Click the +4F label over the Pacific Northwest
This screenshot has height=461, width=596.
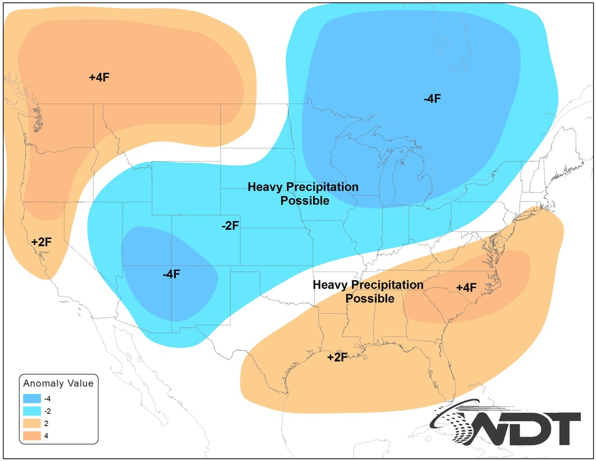(x=100, y=77)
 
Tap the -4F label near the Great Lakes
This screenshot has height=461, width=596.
(x=432, y=98)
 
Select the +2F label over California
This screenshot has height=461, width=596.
(x=41, y=241)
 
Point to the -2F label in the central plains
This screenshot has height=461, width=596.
(x=230, y=226)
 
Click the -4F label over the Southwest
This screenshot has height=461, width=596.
(x=171, y=274)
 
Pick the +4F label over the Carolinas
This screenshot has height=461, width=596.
(x=466, y=287)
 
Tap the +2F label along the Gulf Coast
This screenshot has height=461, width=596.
(x=337, y=357)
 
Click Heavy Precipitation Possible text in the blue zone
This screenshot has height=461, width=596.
(x=303, y=193)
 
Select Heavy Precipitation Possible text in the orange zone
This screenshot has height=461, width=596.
(x=368, y=291)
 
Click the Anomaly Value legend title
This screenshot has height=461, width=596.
(x=58, y=383)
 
